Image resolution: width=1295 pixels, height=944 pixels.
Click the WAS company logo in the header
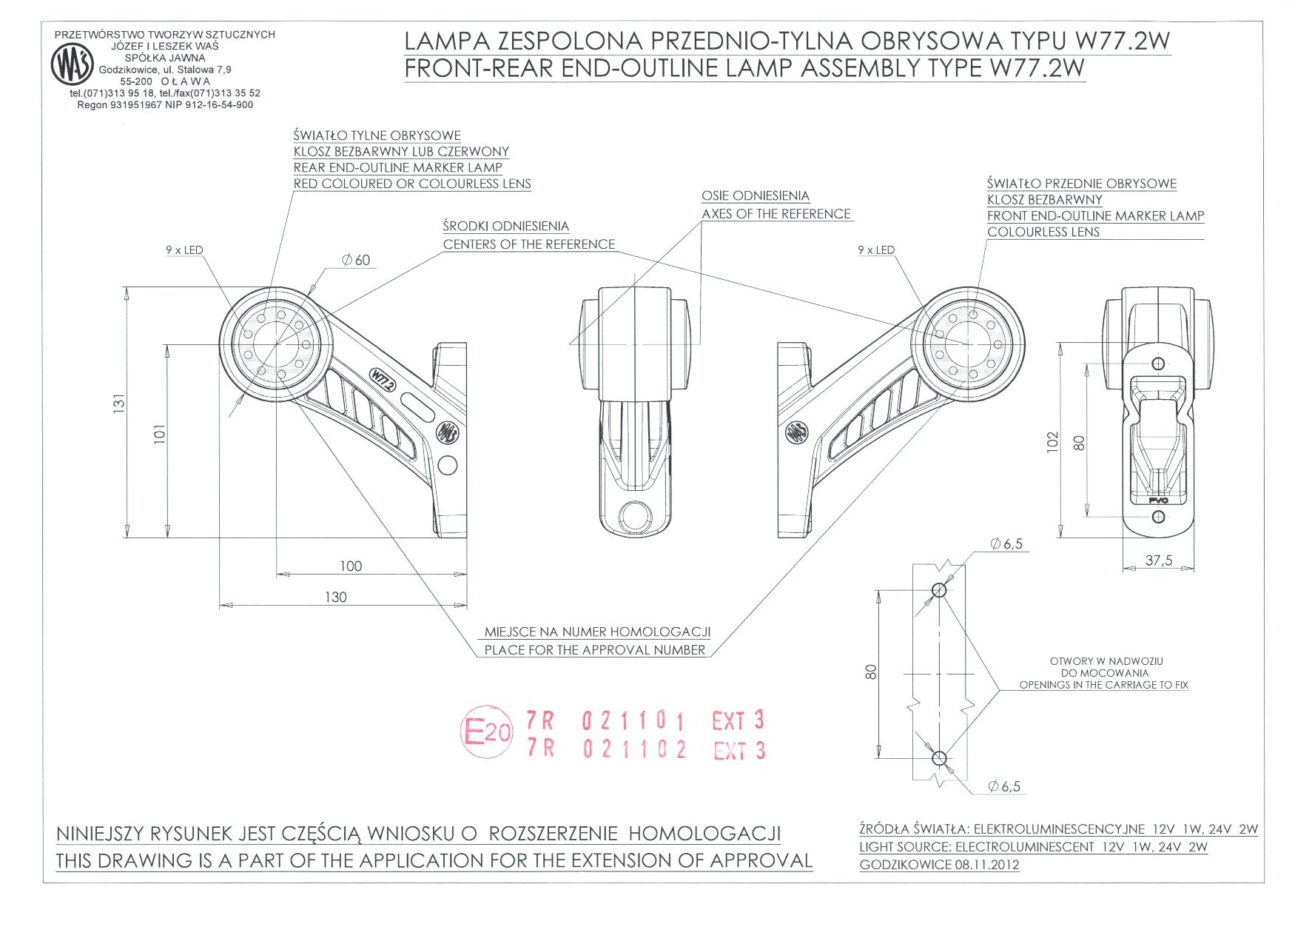coord(72,64)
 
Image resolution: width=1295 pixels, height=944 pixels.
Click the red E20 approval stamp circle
coord(486,732)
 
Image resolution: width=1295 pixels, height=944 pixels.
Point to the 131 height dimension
coord(119,404)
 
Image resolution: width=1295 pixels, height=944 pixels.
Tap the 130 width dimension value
coord(335,597)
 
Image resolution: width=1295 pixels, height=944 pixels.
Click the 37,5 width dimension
coord(1158,560)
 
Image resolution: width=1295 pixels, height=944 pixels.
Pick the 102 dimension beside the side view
coord(1053,441)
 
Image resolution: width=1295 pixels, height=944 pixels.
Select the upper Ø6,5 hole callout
coord(1006,544)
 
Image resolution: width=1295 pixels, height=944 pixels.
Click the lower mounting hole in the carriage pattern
coord(939,758)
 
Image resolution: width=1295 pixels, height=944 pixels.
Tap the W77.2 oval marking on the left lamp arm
coord(383,380)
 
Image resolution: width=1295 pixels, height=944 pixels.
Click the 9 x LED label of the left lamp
coord(184,250)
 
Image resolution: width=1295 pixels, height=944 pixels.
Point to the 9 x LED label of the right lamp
coord(875,250)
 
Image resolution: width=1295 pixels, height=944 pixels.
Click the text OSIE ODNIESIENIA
coord(756,196)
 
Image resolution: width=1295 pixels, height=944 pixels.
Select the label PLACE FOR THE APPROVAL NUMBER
coord(595,650)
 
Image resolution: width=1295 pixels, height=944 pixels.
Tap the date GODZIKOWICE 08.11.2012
coord(939,865)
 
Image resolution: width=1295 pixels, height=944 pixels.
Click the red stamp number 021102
coord(634,749)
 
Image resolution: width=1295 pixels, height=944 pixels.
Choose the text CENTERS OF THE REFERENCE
coord(529,244)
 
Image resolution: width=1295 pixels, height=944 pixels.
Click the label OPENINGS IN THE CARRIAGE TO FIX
coord(1103,685)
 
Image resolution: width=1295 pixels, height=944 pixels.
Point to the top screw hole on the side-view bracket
coord(1158,364)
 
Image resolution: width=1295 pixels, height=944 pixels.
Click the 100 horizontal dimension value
coord(351,566)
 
